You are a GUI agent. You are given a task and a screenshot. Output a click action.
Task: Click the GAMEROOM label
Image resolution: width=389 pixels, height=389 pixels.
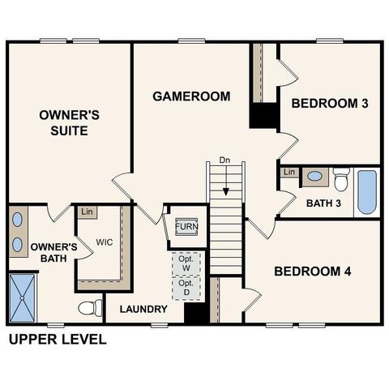(191, 96)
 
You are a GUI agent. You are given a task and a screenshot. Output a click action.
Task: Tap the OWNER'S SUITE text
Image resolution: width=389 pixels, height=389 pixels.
(69, 122)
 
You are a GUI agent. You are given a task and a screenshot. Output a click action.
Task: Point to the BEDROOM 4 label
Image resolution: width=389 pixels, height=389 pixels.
(312, 271)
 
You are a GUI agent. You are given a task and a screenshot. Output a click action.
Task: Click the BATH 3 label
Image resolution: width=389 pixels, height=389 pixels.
(323, 203)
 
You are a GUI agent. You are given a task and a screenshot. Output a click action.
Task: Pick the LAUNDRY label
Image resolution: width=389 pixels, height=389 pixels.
(143, 310)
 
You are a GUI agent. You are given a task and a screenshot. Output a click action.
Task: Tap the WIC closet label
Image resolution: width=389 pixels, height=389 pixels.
(104, 242)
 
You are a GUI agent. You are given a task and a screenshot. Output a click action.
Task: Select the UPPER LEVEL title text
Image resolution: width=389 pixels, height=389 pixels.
(57, 340)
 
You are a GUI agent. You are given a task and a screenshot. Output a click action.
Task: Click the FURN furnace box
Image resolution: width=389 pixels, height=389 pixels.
(186, 225)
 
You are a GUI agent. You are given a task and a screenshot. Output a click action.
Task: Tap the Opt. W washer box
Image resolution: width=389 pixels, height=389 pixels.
(186, 264)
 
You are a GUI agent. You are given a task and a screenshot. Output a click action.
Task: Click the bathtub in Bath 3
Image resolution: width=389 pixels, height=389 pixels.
(366, 191)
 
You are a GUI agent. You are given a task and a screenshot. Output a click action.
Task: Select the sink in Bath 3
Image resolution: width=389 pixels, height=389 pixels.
(314, 176)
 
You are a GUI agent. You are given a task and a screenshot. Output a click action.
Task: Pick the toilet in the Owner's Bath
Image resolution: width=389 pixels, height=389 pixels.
(90, 308)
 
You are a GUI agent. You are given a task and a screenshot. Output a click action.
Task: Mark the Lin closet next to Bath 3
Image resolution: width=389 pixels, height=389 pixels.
(289, 173)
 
